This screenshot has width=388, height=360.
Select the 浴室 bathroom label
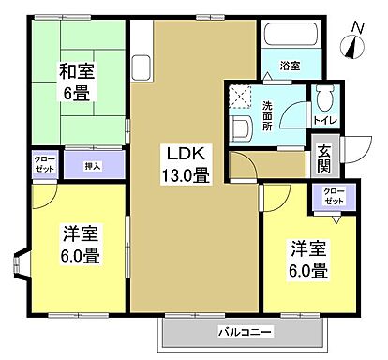coord(290,66)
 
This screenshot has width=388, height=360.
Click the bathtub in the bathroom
coord(291,37)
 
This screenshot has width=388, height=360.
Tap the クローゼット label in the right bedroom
coord(333,196)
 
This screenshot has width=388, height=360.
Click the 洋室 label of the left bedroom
coord(82,233)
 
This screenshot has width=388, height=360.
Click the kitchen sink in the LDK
coord(142,69)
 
